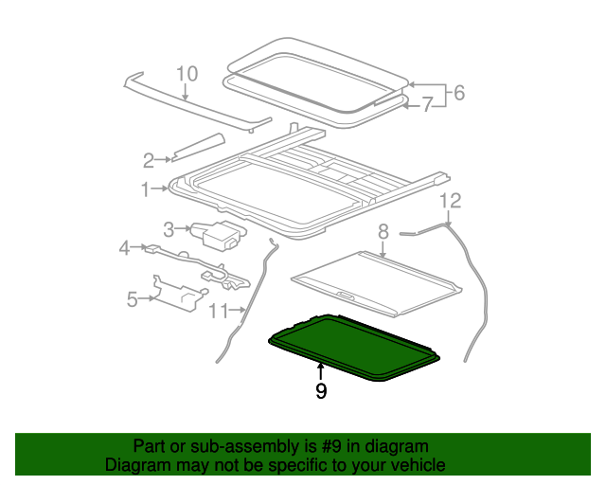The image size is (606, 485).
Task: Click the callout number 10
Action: coord(187,73)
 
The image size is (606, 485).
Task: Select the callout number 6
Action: coord(459,92)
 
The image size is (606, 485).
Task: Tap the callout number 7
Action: coord(428,105)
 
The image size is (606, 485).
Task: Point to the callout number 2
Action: coord(149,159)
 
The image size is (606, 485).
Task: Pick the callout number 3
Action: coord(169,228)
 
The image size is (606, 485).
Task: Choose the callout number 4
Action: coord(124,248)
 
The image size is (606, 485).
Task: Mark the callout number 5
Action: coord(133,299)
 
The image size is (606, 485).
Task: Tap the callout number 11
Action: coord(219,310)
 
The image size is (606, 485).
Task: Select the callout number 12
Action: coord(450,200)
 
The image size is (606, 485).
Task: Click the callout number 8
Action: coord(383,231)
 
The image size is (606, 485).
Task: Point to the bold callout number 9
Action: coord(321,390)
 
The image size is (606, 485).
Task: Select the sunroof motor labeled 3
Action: coord(219,234)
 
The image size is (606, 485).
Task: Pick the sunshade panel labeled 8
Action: coord(374,278)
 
